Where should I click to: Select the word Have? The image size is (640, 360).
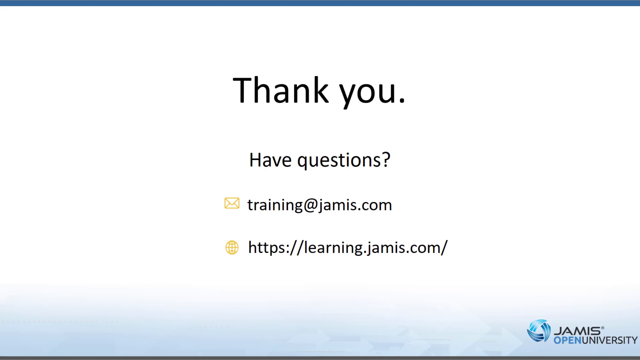tap(270, 160)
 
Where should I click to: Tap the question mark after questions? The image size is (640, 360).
tap(386, 160)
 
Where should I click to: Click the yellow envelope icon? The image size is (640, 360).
tap(232, 203)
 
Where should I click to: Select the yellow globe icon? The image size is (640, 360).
tap(232, 247)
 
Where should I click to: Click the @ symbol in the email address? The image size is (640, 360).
tap(310, 205)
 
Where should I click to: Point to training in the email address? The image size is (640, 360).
tap(275, 205)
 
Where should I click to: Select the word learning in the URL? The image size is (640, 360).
tap(333, 248)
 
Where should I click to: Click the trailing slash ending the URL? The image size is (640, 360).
tap(444, 247)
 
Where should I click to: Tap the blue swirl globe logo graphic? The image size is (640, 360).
tap(539, 331)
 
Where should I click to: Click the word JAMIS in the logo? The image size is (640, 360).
tap(577, 331)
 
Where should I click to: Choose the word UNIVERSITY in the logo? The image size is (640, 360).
tap(610, 340)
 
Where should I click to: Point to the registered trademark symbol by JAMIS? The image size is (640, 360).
tap(602, 328)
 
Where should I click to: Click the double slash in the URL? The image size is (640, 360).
tap(297, 248)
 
